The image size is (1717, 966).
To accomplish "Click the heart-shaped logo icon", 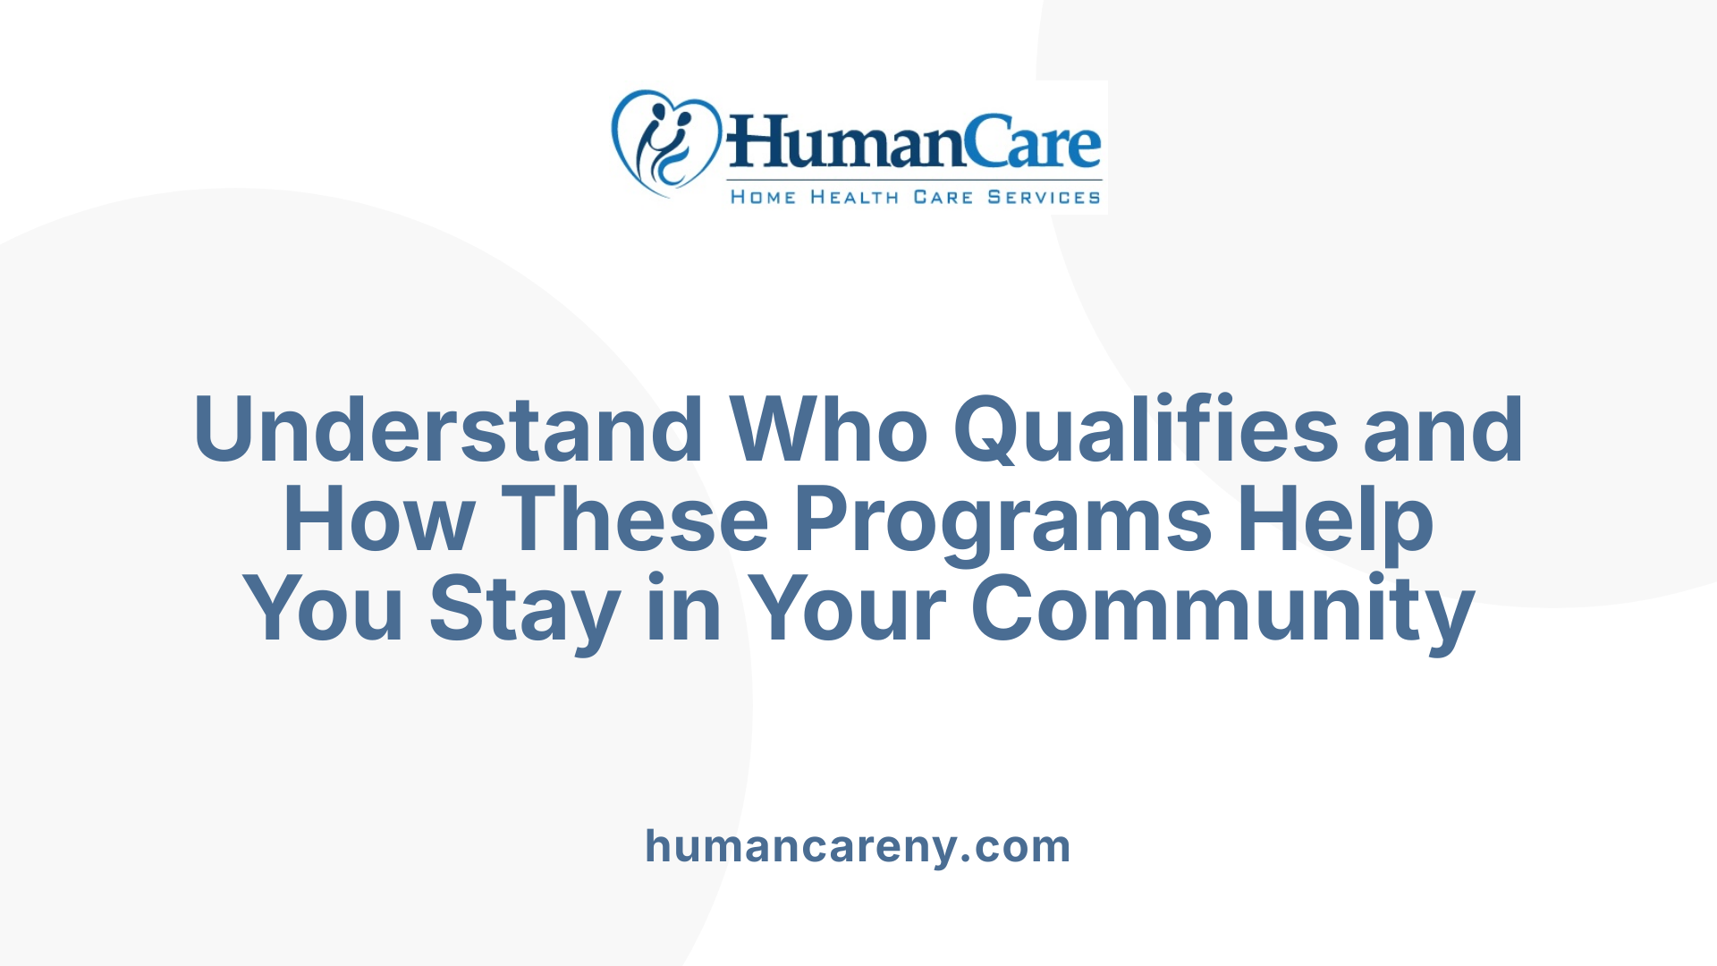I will coord(665,143).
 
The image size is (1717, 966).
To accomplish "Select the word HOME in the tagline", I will coord(763,198).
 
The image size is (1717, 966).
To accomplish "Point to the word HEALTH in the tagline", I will coord(854,198).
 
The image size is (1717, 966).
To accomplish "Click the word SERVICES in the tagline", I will coord(1044,198).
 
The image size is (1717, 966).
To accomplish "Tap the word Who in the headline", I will coord(829,430).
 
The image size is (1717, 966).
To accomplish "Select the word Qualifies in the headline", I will coord(1146,430).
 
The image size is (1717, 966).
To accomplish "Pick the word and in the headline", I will coord(1443,430).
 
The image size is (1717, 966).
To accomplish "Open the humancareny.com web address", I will coord(858,846).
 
